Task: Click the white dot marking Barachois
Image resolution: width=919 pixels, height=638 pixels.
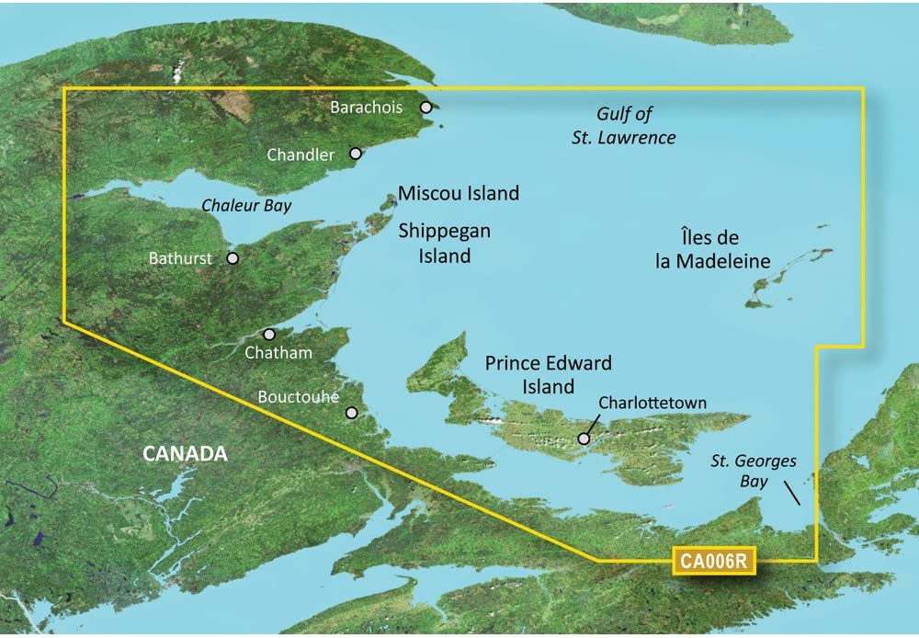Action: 426,108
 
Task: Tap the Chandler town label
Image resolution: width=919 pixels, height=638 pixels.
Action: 301,155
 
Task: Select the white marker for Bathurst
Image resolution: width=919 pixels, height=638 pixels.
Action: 233,259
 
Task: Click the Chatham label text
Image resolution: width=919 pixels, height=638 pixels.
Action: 285,353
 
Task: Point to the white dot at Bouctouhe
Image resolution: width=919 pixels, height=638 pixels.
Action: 351,413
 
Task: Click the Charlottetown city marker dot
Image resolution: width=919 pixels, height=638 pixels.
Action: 584,439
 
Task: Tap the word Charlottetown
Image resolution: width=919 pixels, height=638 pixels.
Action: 652,403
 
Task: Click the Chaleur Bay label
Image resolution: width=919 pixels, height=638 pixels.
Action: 247,205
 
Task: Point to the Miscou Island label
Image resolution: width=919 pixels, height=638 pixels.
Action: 458,194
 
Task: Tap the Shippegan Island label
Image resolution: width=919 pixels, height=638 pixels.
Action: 444,244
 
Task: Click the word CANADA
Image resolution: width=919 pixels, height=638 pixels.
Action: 185,453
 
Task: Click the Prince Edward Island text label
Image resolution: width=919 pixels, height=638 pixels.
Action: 548,375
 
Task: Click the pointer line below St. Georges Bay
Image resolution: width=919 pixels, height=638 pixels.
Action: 791,495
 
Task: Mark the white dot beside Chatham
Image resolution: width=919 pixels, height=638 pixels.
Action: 269,336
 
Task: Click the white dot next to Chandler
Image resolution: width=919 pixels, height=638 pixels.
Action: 355,154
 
